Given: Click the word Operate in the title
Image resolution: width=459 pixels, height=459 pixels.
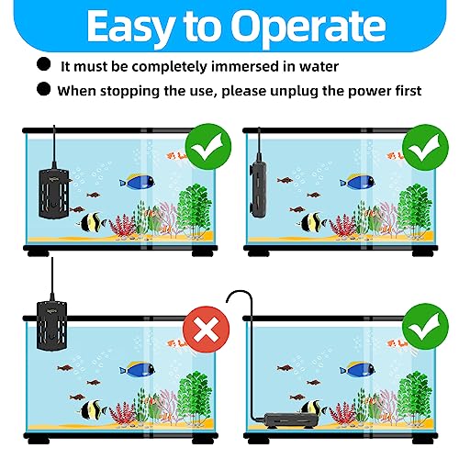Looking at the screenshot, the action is (308, 26).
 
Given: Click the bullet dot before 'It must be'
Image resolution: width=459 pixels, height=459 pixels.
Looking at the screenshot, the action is (43, 64).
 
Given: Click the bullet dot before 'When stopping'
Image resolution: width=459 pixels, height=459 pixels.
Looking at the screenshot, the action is (43, 89).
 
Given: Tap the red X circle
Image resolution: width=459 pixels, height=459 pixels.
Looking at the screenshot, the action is (206, 330).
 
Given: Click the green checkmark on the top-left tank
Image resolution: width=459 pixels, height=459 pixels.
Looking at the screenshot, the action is (208, 147).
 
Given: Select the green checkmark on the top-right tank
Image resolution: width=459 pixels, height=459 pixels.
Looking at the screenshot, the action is (425, 147).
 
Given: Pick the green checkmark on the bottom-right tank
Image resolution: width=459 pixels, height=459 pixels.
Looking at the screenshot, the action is (425, 327).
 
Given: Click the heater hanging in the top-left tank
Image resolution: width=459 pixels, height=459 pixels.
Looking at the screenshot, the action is (54, 194).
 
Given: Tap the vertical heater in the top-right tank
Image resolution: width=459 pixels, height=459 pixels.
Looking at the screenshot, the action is (258, 190).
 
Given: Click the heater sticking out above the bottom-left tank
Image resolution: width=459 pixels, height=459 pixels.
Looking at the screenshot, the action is (51, 325).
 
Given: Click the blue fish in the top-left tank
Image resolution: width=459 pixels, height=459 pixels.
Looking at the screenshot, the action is (137, 182).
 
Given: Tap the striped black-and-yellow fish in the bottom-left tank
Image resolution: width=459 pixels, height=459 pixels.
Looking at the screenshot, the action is (92, 409).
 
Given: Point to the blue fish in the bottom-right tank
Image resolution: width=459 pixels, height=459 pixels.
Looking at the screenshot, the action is (357, 369).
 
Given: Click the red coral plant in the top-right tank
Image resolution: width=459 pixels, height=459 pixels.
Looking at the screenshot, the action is (342, 227).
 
